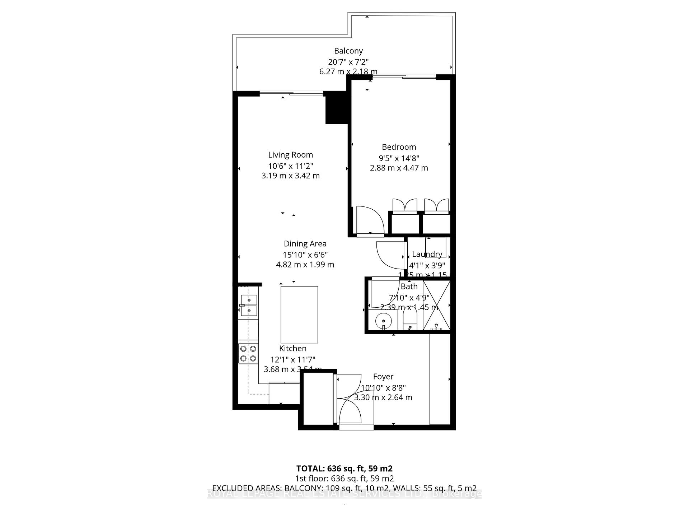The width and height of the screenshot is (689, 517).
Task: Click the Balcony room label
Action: point(348,51)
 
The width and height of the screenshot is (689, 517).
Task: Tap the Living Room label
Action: point(290,155)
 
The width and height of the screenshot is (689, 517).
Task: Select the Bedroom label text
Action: point(399,147)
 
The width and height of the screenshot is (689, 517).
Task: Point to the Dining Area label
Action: point(305,244)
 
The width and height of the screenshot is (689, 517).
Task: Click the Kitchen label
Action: point(293,348)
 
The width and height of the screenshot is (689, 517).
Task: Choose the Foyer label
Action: point(383,377)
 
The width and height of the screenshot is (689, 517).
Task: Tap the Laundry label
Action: point(427,254)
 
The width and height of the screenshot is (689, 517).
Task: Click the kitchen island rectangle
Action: point(299,314)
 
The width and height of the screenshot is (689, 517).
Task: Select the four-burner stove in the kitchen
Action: point(248,353)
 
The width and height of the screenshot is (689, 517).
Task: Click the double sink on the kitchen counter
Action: point(248,305)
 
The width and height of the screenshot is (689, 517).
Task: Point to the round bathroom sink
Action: point(383,319)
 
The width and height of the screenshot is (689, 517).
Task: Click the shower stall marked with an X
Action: point(436,306)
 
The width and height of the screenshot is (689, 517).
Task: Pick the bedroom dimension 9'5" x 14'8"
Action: point(399,158)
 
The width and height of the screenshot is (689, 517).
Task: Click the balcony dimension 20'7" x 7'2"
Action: point(348,62)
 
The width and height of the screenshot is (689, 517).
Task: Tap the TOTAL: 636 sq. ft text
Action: point(344,469)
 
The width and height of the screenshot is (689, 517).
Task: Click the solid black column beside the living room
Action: point(336,108)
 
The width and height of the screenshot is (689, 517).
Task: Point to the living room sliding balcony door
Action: point(291,94)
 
